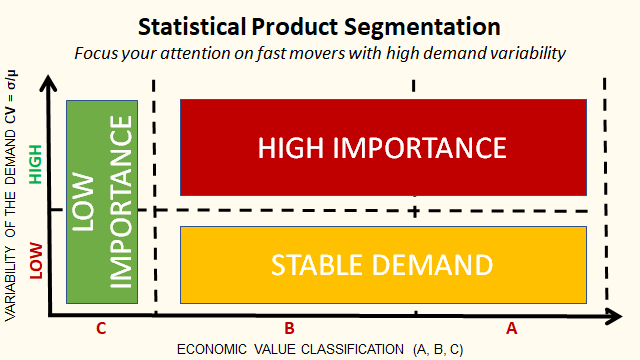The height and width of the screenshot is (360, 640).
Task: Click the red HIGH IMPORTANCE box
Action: click(382, 148)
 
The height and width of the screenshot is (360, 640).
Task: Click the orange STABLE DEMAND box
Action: click(382, 265)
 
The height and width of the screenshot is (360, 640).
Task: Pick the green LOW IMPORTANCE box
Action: click(102, 201)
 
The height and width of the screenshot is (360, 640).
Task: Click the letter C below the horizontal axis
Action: click(100, 327)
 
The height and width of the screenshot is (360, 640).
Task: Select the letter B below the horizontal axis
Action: click(288, 327)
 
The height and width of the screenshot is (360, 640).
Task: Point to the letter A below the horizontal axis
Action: click(511, 327)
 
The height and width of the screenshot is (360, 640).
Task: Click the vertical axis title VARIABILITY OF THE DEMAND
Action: click(12, 200)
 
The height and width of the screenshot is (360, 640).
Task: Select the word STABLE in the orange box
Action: click(314, 265)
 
